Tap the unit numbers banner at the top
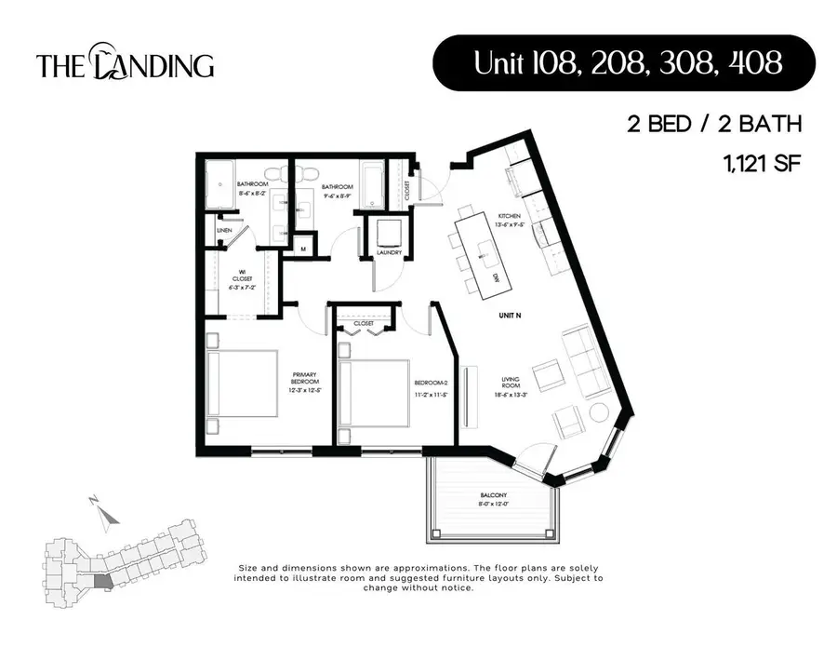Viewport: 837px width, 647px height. (624, 63)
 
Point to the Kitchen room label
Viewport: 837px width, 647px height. (509, 220)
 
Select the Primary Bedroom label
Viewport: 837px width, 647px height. (304, 383)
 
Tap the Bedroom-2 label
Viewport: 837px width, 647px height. (431, 387)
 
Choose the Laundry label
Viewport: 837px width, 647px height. (389, 251)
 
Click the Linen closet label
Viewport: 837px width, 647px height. (224, 230)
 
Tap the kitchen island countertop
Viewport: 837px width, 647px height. (482, 251)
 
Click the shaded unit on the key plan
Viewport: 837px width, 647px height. (102, 581)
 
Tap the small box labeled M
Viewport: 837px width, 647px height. (302, 249)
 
